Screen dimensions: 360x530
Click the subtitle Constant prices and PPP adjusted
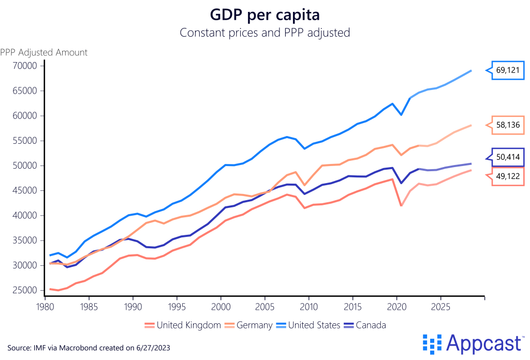pos(265,33)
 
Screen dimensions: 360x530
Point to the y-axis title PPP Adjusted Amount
pos(44,52)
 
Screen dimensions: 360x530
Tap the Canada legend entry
pos(365,325)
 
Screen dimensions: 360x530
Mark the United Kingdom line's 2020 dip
pos(401,206)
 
